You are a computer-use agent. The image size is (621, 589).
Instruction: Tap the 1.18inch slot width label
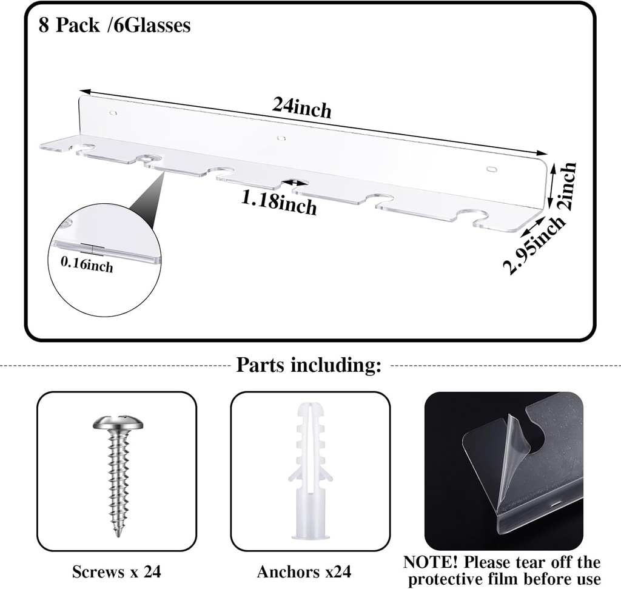click(279, 202)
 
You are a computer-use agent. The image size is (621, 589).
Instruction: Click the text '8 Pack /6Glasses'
click(115, 25)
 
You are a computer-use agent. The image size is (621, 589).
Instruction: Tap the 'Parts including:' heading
click(309, 365)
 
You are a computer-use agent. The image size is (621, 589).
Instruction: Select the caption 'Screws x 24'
click(116, 571)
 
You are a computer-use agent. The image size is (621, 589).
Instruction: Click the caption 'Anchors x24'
click(304, 571)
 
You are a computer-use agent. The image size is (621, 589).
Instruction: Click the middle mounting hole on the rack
click(281, 138)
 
